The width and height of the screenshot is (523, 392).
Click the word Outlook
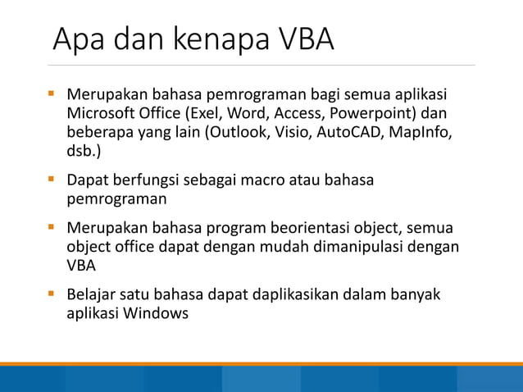click(243, 132)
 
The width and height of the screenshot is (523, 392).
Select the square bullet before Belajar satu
click(51, 294)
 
